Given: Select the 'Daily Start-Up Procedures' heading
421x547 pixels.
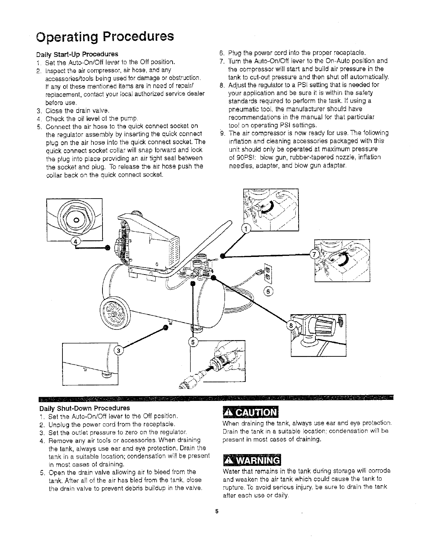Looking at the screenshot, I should [77, 54].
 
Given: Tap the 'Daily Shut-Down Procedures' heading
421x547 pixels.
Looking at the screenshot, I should [84, 408].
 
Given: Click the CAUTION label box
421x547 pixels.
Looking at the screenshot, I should [251, 413].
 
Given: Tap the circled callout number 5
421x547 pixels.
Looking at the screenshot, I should [193, 342].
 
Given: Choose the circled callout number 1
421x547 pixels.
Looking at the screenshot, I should [245, 229].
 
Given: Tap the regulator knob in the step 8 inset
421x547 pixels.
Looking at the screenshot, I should [321, 326].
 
